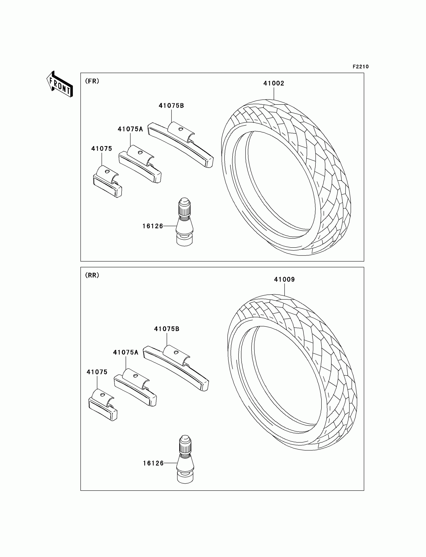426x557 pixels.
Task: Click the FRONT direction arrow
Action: (x=60, y=84)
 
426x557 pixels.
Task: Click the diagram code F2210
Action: (x=361, y=67)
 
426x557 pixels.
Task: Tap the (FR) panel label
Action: (x=92, y=81)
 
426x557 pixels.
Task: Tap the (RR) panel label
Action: (x=92, y=275)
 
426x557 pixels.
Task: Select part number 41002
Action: (x=274, y=83)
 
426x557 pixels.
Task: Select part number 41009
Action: (x=284, y=280)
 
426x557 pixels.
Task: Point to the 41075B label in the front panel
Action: (x=171, y=106)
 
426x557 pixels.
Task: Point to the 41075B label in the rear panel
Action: (x=167, y=329)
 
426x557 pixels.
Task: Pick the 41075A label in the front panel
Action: (x=130, y=129)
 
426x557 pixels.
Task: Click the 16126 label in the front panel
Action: (x=153, y=226)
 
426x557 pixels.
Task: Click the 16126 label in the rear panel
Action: (x=153, y=464)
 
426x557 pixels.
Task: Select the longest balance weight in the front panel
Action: (x=180, y=145)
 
